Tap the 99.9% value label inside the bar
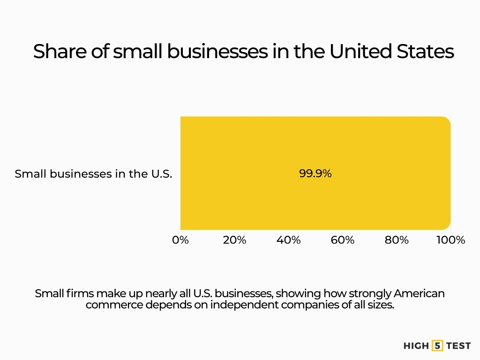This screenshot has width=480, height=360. click(x=315, y=173)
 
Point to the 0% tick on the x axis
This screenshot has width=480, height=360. click(x=180, y=240)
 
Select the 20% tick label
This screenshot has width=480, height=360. click(x=234, y=240)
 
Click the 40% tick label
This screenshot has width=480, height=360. click(x=288, y=240)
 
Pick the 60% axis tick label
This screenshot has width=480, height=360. click(x=343, y=240)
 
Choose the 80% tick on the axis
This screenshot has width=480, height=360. click(x=397, y=240)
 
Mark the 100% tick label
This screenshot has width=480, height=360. click(x=450, y=240)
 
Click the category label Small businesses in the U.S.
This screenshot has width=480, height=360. click(x=93, y=174)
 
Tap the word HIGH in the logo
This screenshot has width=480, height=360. click(x=416, y=346)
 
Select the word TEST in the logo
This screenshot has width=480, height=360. click(x=458, y=346)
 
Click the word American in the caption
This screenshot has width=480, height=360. click(x=419, y=294)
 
